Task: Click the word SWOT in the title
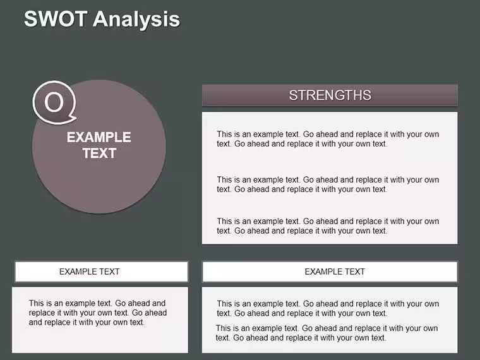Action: pos(56,19)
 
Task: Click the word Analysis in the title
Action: pos(136,20)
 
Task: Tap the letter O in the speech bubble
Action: pos(54,102)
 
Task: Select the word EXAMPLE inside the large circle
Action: pos(99,137)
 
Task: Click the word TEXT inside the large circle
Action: pos(99,153)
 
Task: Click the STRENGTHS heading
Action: pos(330,95)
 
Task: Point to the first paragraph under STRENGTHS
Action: pos(328,139)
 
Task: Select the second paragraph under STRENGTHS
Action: pos(328,184)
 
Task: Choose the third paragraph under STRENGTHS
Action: pos(328,226)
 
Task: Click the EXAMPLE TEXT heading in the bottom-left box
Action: pos(90,272)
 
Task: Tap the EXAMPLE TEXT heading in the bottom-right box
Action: pos(335,272)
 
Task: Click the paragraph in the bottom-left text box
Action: pos(98,313)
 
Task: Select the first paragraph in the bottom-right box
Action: pos(328,308)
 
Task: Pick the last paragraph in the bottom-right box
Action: pos(327,333)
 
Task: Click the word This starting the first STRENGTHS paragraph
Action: pos(224,134)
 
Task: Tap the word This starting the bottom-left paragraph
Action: pos(37,303)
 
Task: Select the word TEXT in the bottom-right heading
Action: pos(356,272)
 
